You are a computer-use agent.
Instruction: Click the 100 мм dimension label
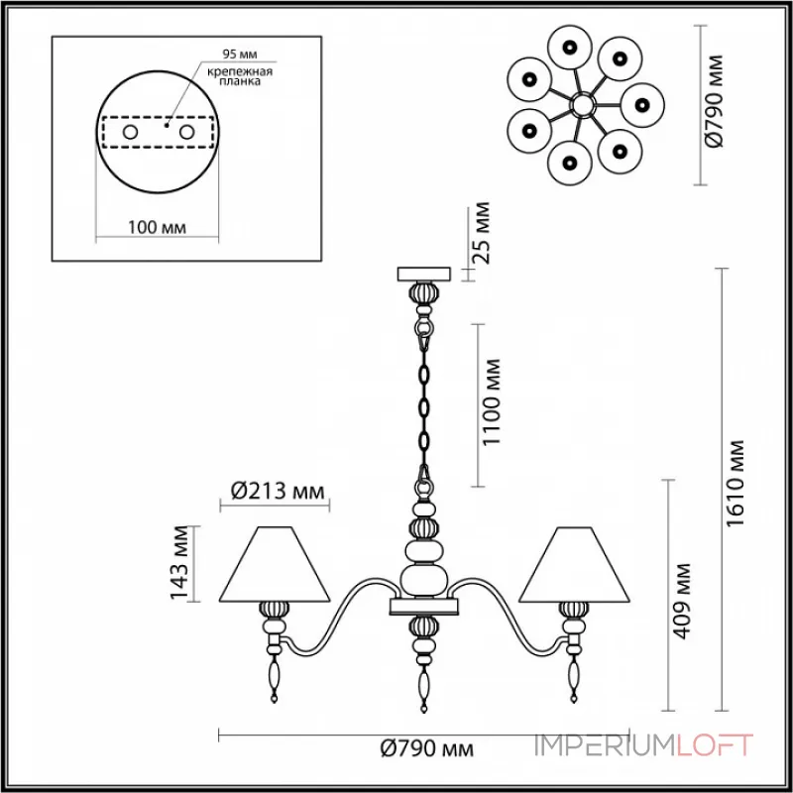pos(157,227)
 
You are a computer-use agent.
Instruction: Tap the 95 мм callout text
pos(240,55)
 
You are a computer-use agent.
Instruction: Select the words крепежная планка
pos(240,76)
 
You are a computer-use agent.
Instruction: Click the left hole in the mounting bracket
pos(130,133)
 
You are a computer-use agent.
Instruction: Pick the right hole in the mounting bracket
pos(186,133)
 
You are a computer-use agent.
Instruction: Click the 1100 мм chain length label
pos(491,402)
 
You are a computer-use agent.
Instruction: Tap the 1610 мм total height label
pos(735,484)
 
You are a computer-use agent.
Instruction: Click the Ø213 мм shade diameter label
pos(278,491)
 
